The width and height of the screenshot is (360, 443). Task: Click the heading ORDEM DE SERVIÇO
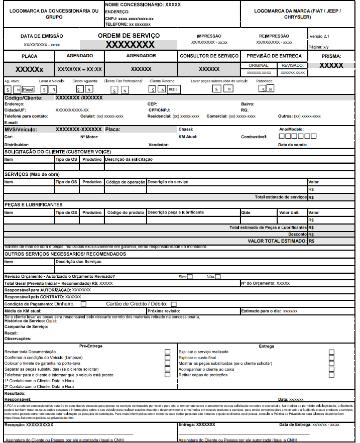pyautogui.click(x=129, y=36)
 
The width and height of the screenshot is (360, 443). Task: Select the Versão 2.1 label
pyautogui.click(x=319, y=36)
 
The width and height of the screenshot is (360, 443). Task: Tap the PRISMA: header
pyautogui.click(x=331, y=56)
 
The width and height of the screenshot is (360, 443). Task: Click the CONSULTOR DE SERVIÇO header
pyautogui.click(x=209, y=56)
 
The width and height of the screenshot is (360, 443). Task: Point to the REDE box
pyautogui.click(x=173, y=89)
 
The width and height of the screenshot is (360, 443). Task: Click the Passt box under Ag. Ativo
pyautogui.click(x=28, y=89)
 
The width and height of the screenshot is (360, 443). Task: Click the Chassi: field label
pyautogui.click(x=186, y=129)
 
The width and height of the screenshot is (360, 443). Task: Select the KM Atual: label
pyautogui.click(x=188, y=137)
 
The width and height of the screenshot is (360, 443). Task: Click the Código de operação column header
pyautogui.click(x=125, y=182)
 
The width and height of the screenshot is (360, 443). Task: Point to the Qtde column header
pyautogui.click(x=246, y=212)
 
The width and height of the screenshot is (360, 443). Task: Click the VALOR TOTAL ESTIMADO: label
pyautogui.click(x=277, y=241)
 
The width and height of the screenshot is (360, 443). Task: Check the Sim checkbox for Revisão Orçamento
pyautogui.click(x=189, y=276)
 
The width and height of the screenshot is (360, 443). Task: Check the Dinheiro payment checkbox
pyautogui.click(x=83, y=304)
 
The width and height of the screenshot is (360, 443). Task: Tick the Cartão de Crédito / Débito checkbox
pyautogui.click(x=173, y=304)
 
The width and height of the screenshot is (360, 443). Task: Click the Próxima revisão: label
pyautogui.click(x=164, y=311)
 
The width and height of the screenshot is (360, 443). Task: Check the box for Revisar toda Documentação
pyautogui.click(x=167, y=352)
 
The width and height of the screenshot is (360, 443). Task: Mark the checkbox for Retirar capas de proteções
pyautogui.click(x=331, y=375)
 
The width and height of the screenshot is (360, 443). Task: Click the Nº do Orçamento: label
pyautogui.click(x=260, y=283)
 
